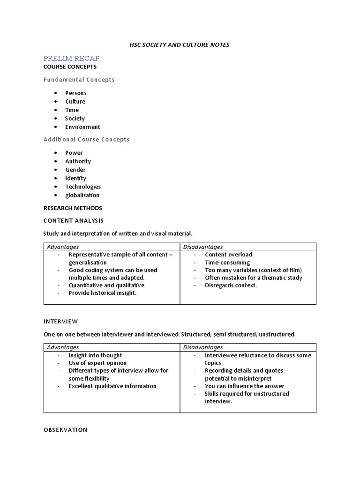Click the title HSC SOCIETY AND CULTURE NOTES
180,45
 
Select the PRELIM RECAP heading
71,58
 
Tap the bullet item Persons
76,93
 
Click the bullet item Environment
82,127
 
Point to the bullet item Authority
78,161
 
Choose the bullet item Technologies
83,187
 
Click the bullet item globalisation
82,195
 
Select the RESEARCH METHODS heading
73,208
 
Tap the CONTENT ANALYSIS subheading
74,220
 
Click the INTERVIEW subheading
61,322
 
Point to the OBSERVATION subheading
66,430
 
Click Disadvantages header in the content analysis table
203,247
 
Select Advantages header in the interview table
63,347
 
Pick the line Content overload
228,255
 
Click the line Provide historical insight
103,293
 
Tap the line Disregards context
231,285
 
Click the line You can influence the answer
244,386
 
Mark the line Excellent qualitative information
112,386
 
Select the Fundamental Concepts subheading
79,80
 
